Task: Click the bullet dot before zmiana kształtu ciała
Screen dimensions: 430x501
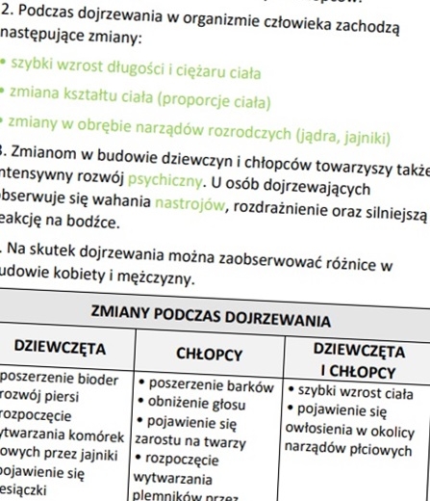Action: coord(3,92)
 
